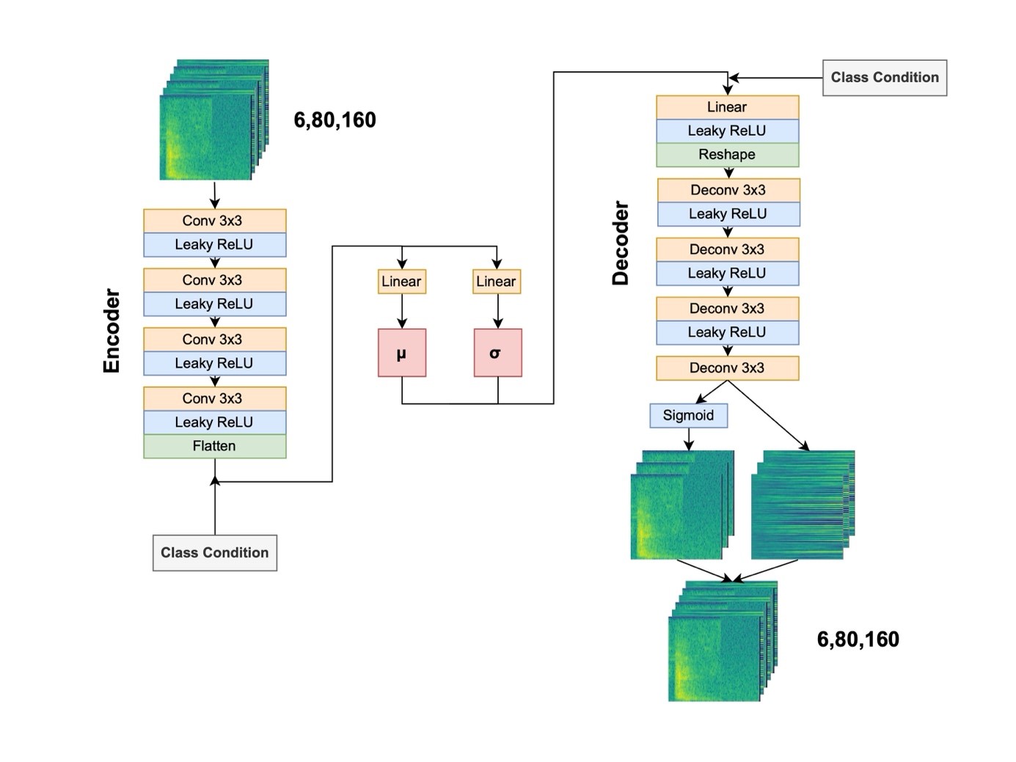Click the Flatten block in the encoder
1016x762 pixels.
pyautogui.click(x=214, y=446)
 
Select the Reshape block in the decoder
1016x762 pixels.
pyautogui.click(x=727, y=155)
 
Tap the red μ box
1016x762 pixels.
pyautogui.click(x=401, y=353)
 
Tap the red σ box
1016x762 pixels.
pyautogui.click(x=497, y=353)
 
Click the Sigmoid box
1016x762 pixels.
pyautogui.click(x=688, y=416)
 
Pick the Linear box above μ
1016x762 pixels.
pyautogui.click(x=401, y=282)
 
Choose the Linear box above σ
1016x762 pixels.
pyautogui.click(x=497, y=282)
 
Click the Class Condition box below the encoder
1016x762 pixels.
pyautogui.click(x=215, y=553)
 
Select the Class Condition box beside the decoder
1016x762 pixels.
pyautogui.click(x=885, y=78)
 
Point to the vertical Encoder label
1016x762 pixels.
pyautogui.click(x=112, y=331)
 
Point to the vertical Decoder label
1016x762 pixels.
pyautogui.click(x=621, y=243)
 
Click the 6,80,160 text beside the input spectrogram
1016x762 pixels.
pyautogui.click(x=335, y=120)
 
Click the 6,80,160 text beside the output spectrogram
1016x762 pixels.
pyautogui.click(x=858, y=640)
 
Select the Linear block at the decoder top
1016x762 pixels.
pyautogui.click(x=727, y=107)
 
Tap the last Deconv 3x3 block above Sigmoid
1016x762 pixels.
pyautogui.click(x=727, y=368)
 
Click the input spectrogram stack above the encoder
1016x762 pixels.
pyautogui.click(x=213, y=121)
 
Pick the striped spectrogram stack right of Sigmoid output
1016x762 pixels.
pyautogui.click(x=803, y=505)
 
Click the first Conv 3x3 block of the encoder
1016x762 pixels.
pyautogui.click(x=214, y=221)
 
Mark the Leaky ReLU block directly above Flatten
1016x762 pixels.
pyautogui.click(x=214, y=422)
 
